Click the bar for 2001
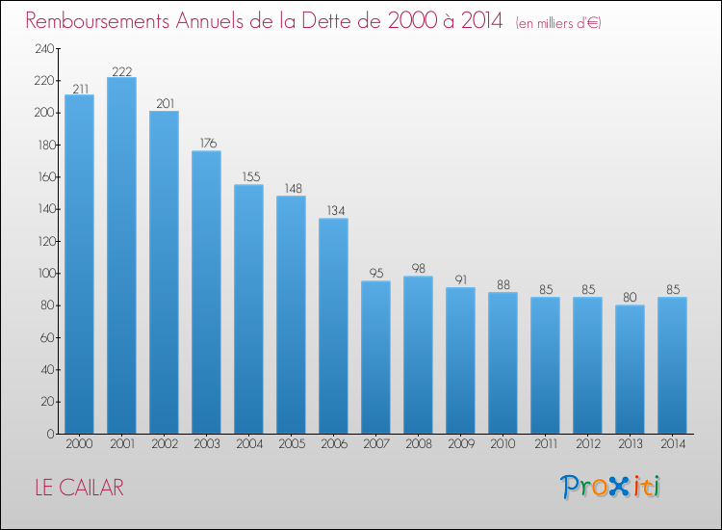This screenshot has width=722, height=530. [x=121, y=255]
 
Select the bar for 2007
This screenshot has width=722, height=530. [x=375, y=358]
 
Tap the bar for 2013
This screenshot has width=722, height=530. [x=630, y=369]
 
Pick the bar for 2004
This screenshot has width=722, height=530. [x=248, y=309]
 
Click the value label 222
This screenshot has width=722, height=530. [x=122, y=71]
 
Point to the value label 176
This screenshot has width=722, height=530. [x=208, y=143]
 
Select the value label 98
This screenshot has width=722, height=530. [x=418, y=268]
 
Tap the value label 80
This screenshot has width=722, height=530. [x=630, y=297]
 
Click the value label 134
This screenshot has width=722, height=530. [x=336, y=211]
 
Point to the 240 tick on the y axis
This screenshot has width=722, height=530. [x=44, y=48]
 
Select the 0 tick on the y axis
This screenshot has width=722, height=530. [x=51, y=434]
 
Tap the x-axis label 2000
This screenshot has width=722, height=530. [x=79, y=443]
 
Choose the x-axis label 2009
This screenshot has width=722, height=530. [x=461, y=443]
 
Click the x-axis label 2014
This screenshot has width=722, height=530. [x=673, y=443]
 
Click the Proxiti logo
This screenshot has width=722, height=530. [x=610, y=487]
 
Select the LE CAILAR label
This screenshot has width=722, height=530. [x=80, y=488]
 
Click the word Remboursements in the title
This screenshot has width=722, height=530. [x=97, y=21]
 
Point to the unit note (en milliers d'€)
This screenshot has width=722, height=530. [x=558, y=23]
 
